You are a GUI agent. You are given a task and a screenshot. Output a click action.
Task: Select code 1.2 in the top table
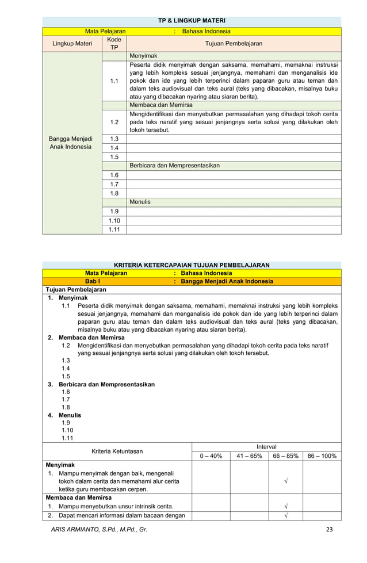click(114, 122)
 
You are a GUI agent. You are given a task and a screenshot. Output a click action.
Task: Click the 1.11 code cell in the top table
click(114, 229)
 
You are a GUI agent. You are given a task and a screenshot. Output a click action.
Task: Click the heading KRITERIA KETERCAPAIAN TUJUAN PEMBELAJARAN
click(192, 265)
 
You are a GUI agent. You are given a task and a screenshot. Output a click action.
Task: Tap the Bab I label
click(93, 281)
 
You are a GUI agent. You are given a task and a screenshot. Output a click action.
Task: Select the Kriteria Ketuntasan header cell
click(117, 451)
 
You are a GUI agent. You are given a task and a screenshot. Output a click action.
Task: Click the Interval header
click(266, 447)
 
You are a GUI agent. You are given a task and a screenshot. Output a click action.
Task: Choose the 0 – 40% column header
click(211, 456)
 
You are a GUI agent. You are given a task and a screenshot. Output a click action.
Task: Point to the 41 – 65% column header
click(249, 456)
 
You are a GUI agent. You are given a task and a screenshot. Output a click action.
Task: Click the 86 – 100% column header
click(322, 456)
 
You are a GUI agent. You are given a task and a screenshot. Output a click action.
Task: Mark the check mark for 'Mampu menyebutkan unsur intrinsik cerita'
click(286, 507)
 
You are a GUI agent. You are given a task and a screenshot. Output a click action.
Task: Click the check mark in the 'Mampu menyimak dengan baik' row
click(286, 481)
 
